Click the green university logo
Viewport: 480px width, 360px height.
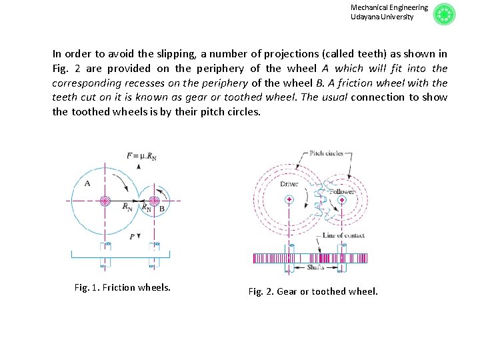(444, 14)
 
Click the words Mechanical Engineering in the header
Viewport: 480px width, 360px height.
(389, 7)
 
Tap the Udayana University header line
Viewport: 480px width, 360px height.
(382, 17)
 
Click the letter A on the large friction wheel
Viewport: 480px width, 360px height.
(87, 183)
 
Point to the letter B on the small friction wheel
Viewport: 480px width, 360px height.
(162, 209)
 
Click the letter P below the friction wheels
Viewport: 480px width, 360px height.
(132, 236)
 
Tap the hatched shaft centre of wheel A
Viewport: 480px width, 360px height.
(105, 200)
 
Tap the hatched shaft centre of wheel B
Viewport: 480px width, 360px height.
(154, 200)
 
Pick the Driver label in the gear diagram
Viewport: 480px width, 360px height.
(289, 183)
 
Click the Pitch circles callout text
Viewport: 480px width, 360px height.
(327, 153)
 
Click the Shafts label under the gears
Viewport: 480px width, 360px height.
(316, 267)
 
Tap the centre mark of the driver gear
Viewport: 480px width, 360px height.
(289, 199)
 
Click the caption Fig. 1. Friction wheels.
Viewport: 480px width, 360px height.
(123, 287)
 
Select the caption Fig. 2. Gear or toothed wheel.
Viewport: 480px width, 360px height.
(313, 291)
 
